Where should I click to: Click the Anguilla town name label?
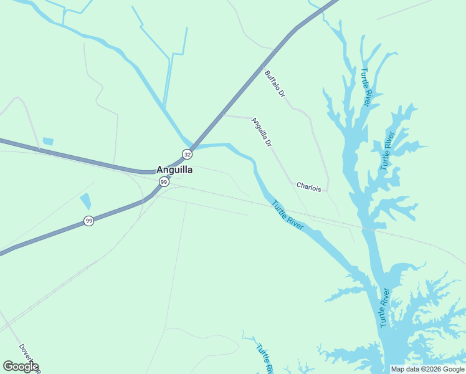coord(174,170)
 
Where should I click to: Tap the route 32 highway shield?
coord(187,154)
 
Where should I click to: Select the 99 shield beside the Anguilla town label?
coord(163,182)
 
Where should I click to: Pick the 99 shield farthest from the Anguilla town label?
coord(89,221)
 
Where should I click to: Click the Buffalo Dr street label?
coord(275,84)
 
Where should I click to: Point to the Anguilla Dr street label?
coord(262,132)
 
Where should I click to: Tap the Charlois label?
coord(308,186)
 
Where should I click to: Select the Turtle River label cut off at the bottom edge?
coord(265,358)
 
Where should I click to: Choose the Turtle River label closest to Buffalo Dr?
coord(366,87)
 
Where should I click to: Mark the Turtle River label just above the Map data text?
coord(385,308)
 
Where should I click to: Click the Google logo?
coord(21,367)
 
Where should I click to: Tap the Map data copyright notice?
coord(428,369)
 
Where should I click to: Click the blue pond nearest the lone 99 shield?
coord(85,201)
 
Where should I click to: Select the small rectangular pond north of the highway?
coord(48,141)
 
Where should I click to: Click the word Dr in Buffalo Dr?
coord(281,93)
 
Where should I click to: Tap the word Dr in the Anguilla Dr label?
coord(269,143)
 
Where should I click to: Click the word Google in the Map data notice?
coord(454,369)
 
